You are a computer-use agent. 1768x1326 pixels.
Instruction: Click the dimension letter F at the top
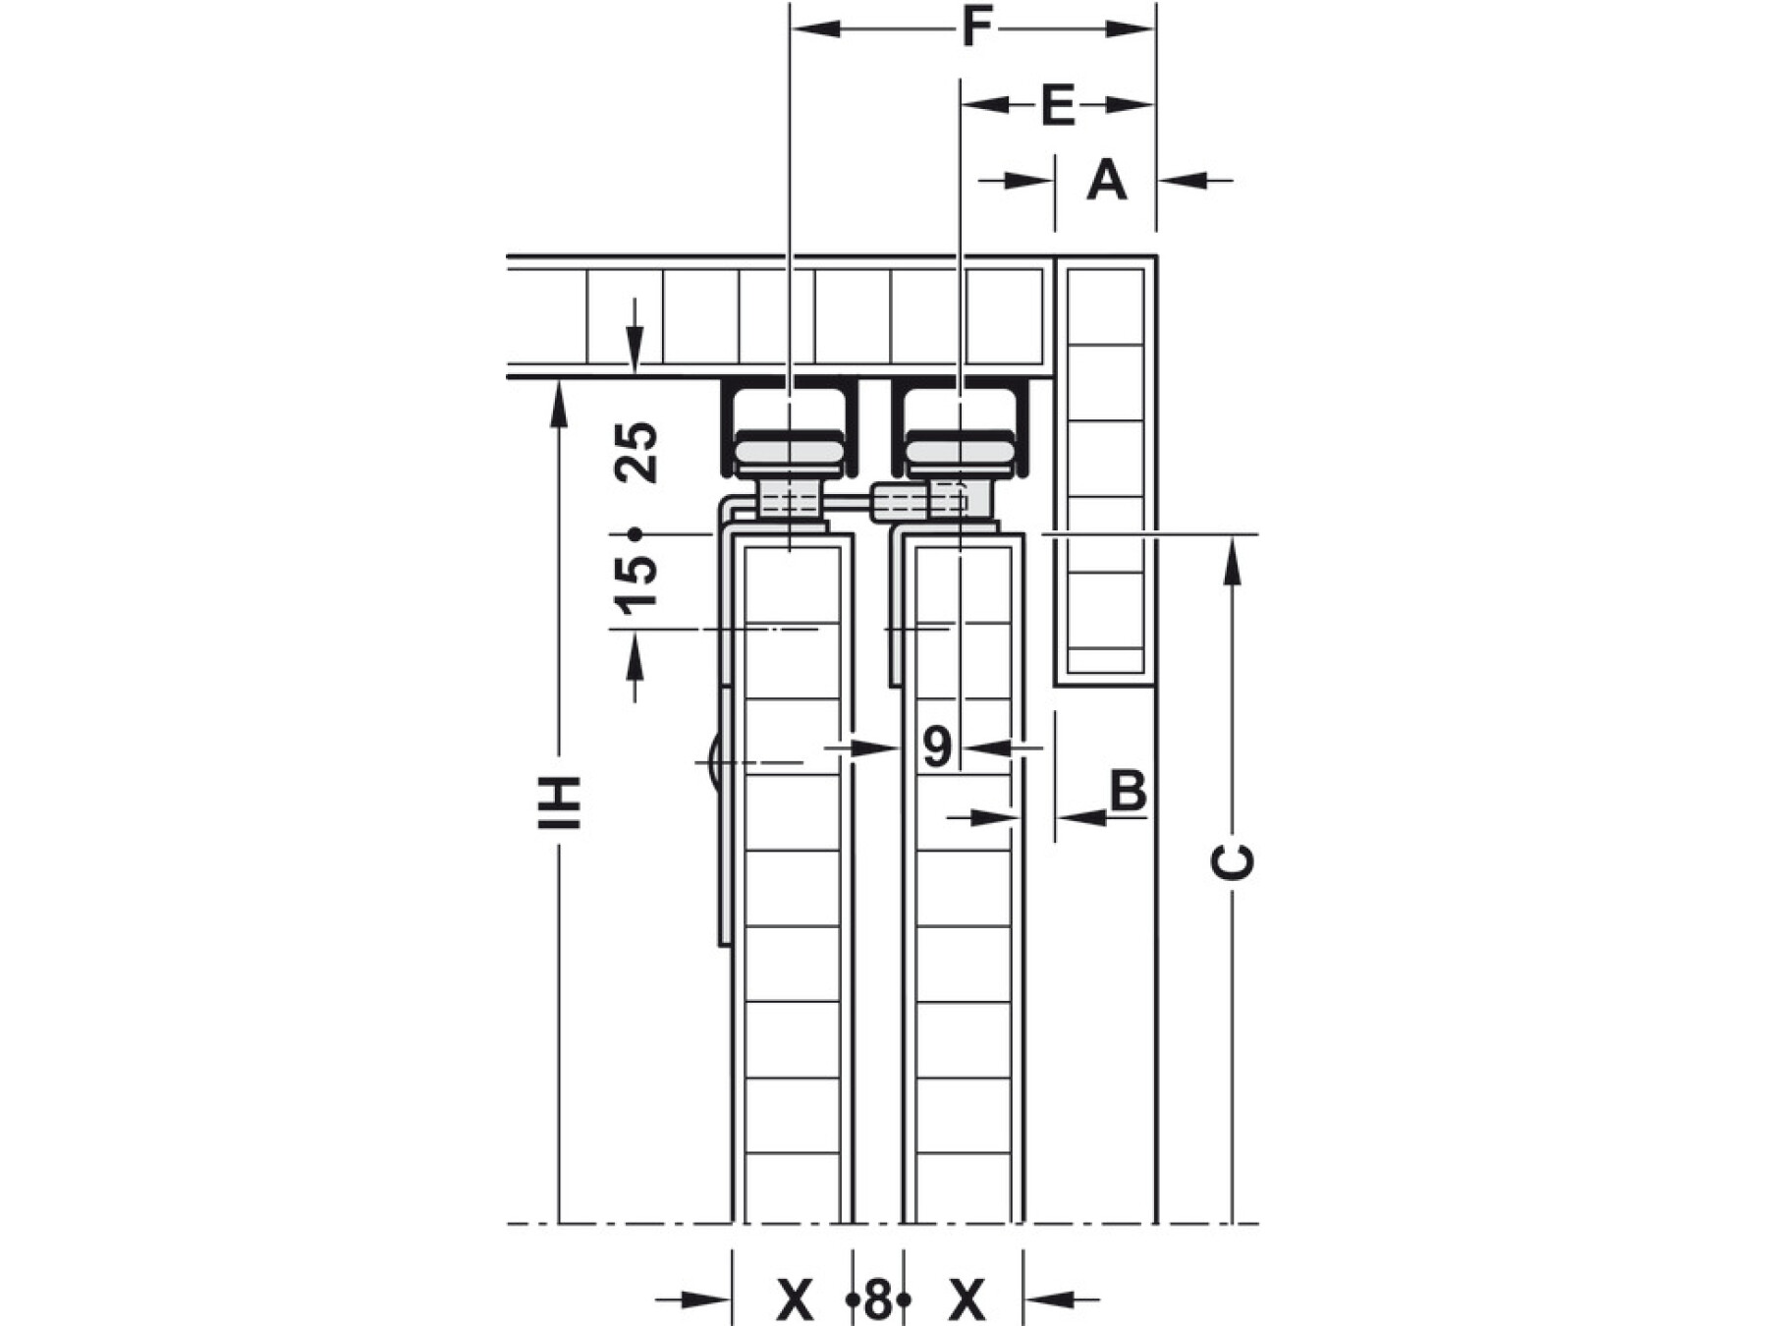tap(975, 28)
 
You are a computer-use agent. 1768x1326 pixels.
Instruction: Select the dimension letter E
tap(1058, 105)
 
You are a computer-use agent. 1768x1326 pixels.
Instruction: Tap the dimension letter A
tap(1106, 181)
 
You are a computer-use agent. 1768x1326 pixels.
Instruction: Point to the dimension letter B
tap(1128, 791)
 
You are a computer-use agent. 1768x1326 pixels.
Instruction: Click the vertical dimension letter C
tap(1233, 861)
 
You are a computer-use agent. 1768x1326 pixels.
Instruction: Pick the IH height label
tap(560, 802)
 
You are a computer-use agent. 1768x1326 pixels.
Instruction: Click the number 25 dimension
tap(635, 452)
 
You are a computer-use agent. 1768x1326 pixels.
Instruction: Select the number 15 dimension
tap(635, 583)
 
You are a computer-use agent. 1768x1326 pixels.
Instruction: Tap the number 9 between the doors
tap(937, 746)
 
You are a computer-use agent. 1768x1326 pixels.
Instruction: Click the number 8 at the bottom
tap(877, 1301)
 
